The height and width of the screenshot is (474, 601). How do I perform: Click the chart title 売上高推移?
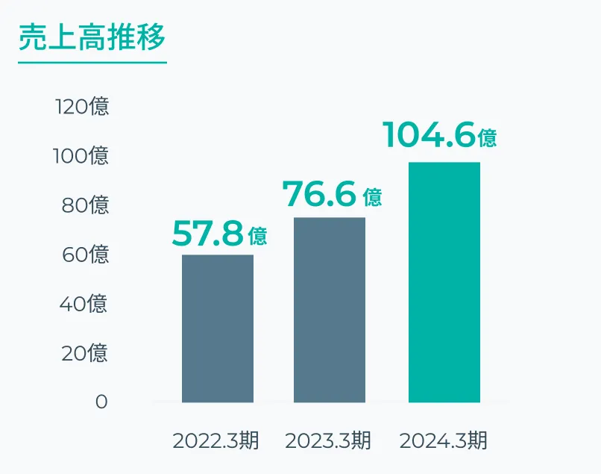click(x=92, y=37)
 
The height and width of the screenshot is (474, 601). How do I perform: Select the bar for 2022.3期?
click(x=218, y=328)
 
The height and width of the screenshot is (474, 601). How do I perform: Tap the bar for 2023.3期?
click(x=330, y=310)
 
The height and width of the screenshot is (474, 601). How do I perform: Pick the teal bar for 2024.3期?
click(x=444, y=282)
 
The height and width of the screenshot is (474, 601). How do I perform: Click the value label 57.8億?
click(x=219, y=234)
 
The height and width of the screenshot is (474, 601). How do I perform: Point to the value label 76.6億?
click(x=332, y=195)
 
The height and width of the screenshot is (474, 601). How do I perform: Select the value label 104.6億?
click(x=439, y=136)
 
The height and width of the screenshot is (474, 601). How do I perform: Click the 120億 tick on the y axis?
click(x=82, y=106)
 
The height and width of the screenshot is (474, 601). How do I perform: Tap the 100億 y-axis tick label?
click(x=81, y=155)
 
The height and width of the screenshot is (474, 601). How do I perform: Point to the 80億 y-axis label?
click(x=85, y=205)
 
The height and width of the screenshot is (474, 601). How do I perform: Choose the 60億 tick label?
click(x=85, y=254)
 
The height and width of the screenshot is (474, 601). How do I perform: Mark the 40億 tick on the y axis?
click(x=84, y=303)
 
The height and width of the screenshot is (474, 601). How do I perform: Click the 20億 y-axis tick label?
click(x=84, y=352)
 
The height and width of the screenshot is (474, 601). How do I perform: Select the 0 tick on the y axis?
click(x=101, y=402)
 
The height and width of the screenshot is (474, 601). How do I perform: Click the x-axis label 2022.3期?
click(x=215, y=440)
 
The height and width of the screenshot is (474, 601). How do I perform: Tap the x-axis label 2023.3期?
click(x=328, y=440)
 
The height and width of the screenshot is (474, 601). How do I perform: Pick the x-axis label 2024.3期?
click(x=443, y=440)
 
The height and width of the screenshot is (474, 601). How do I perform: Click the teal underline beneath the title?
click(x=92, y=63)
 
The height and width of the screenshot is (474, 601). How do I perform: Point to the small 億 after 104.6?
click(x=487, y=138)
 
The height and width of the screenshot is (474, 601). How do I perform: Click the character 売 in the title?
click(x=31, y=37)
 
